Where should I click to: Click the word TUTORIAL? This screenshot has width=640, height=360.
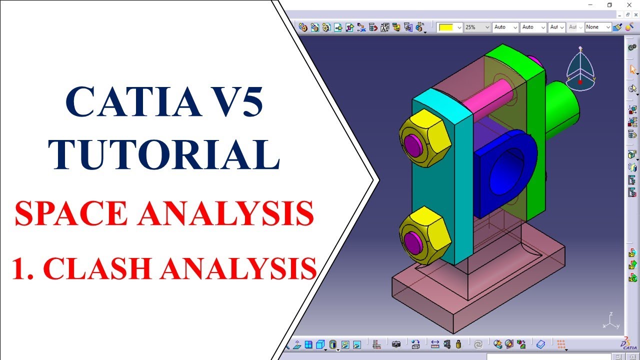pyautogui.click(x=164, y=154)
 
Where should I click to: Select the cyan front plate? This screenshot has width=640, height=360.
pyautogui.click(x=442, y=180)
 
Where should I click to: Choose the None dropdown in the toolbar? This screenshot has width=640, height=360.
pyautogui.click(x=598, y=27)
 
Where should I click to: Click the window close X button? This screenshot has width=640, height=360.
pyautogui.click(x=629, y=5)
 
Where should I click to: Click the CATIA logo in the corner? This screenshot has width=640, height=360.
pyautogui.click(x=628, y=344)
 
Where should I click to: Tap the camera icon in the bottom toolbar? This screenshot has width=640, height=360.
pyautogui.click(x=396, y=344)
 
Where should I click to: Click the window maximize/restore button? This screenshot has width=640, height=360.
pyautogui.click(x=609, y=5)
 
